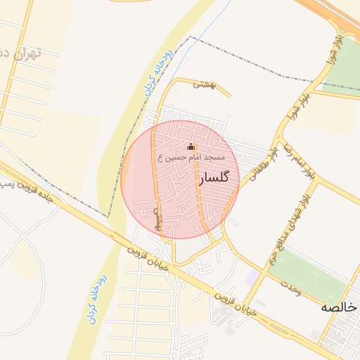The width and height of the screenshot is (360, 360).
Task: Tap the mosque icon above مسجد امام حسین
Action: (191, 147)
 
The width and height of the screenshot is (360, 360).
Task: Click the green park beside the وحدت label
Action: (309, 271)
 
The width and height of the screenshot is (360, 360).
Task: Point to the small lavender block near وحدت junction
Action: (251, 277)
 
